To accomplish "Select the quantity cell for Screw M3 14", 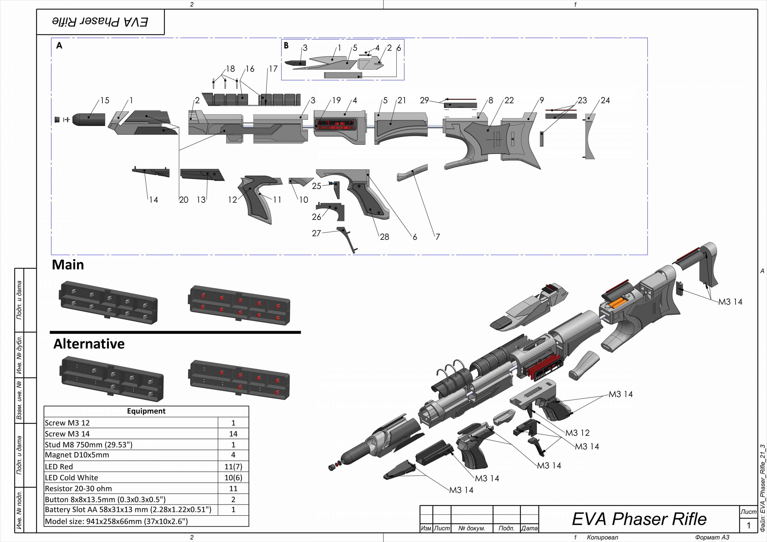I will (x=233, y=434).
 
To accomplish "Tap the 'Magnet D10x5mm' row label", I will (x=77, y=455).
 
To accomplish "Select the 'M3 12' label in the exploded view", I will (x=577, y=433).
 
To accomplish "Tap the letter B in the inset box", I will (x=286, y=46).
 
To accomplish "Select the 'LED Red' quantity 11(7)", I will (x=233, y=467).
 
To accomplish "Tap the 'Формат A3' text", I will (x=712, y=537).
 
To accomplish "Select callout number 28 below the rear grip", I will (x=384, y=237).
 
